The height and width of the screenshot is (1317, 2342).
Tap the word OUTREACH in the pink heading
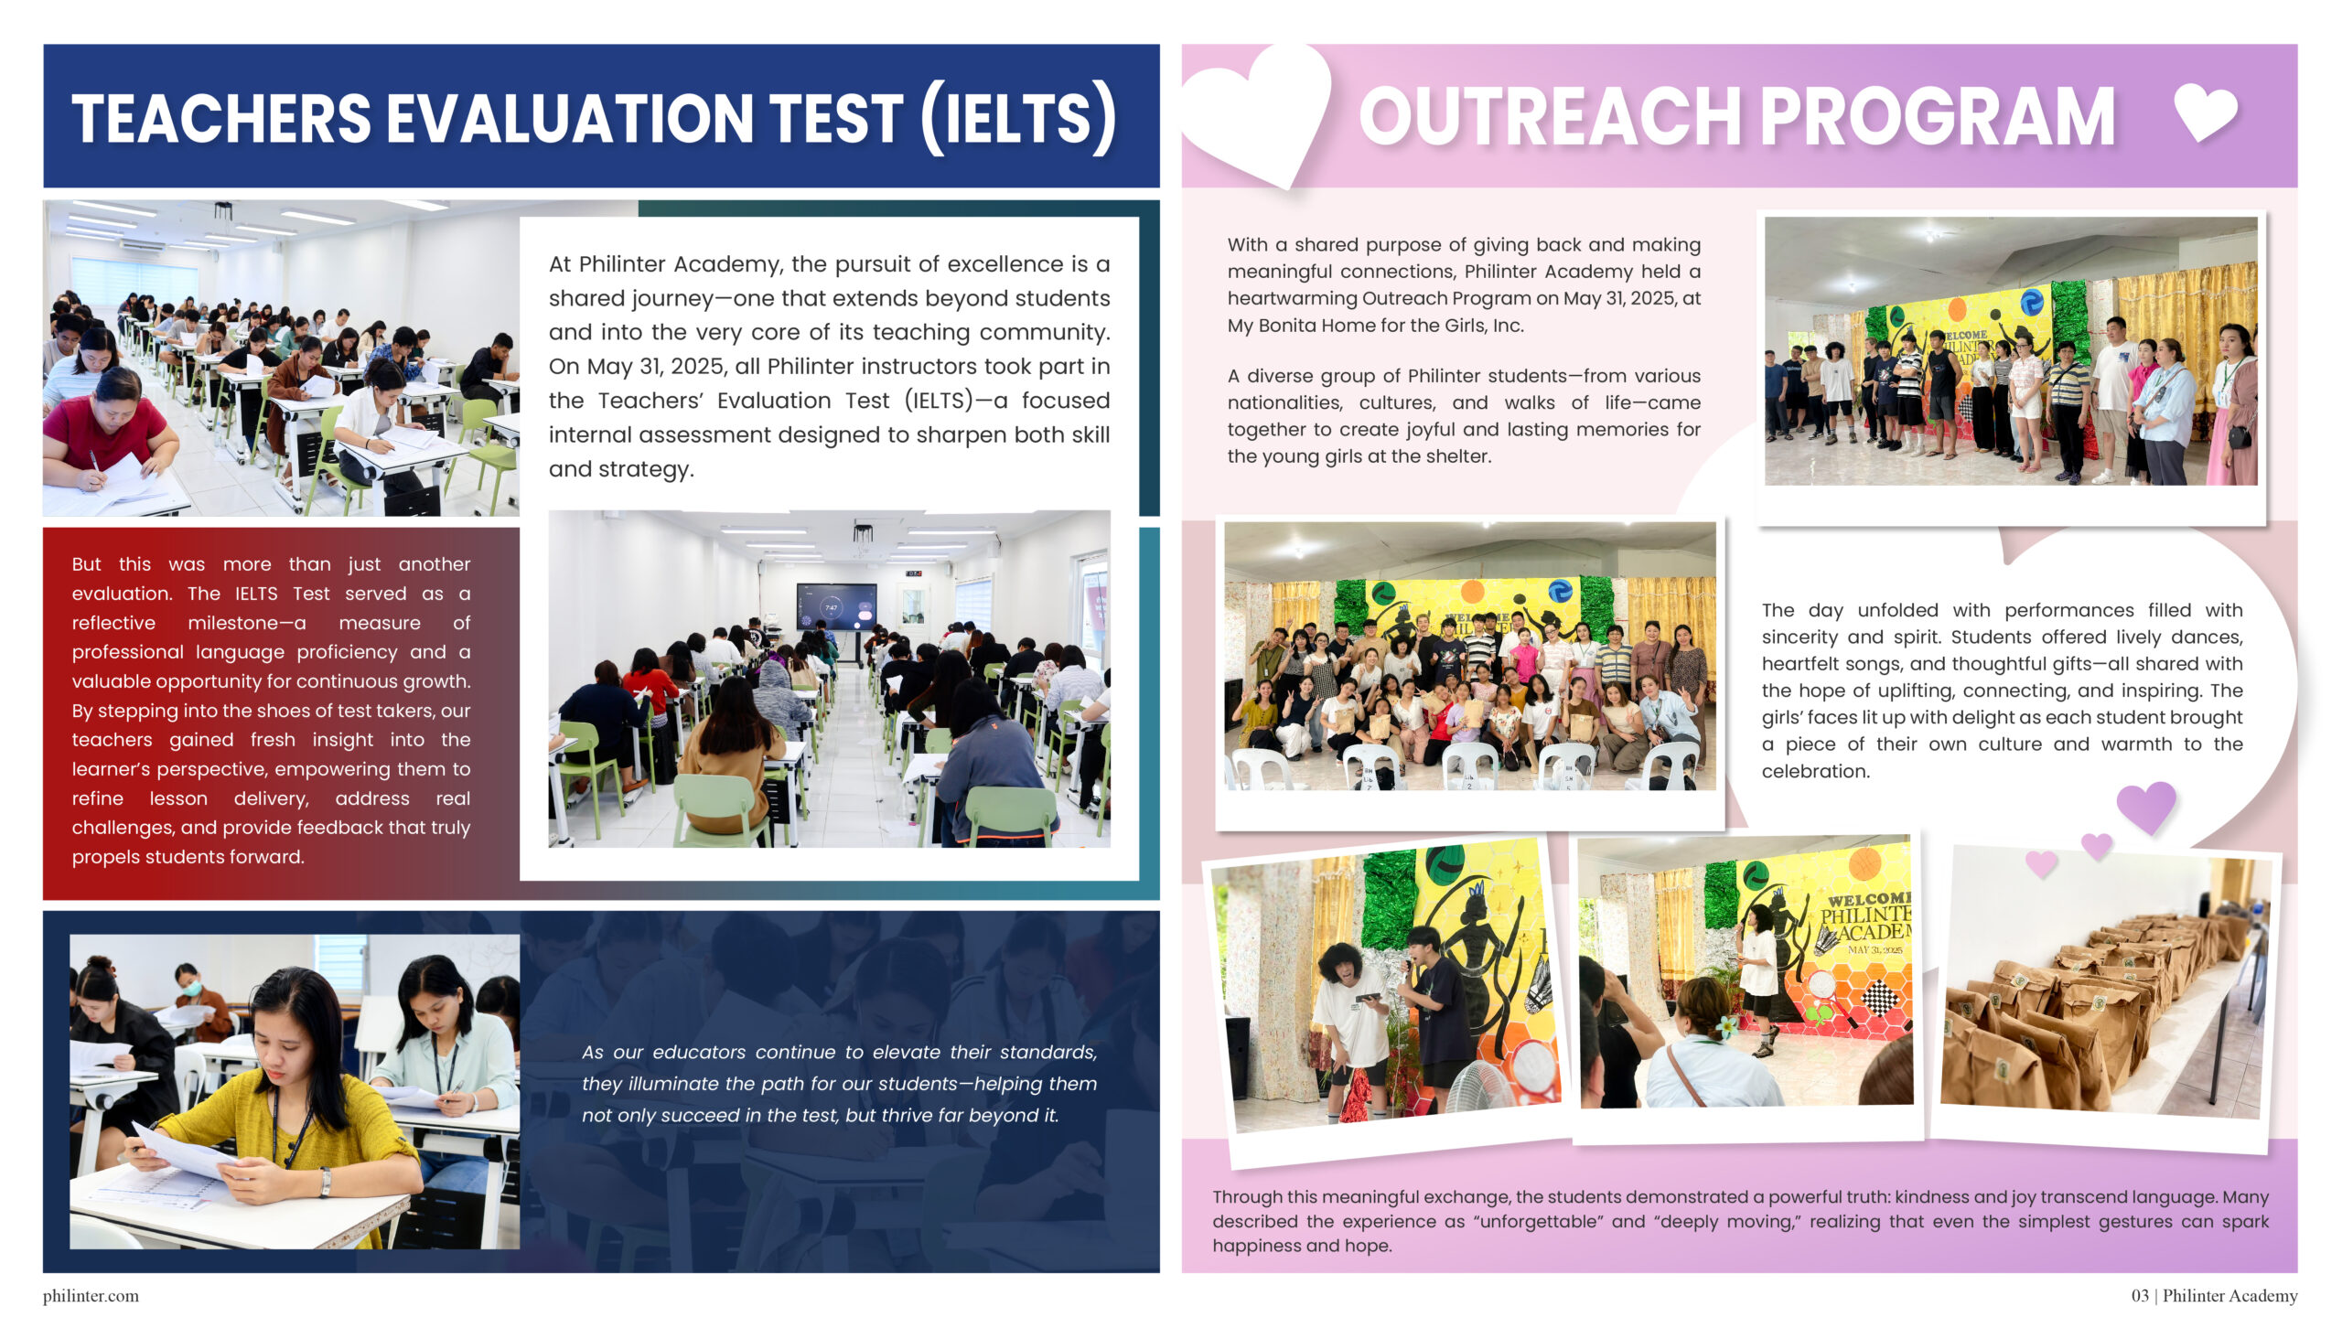pyautogui.click(x=1551, y=116)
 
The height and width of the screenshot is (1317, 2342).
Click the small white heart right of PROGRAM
pyautogui.click(x=2206, y=112)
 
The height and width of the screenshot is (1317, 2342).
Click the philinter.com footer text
pyautogui.click(x=91, y=1296)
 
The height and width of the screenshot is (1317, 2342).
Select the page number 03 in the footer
pyautogui.click(x=2140, y=1296)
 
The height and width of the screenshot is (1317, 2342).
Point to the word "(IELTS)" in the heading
pyautogui.click(x=1018, y=118)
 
